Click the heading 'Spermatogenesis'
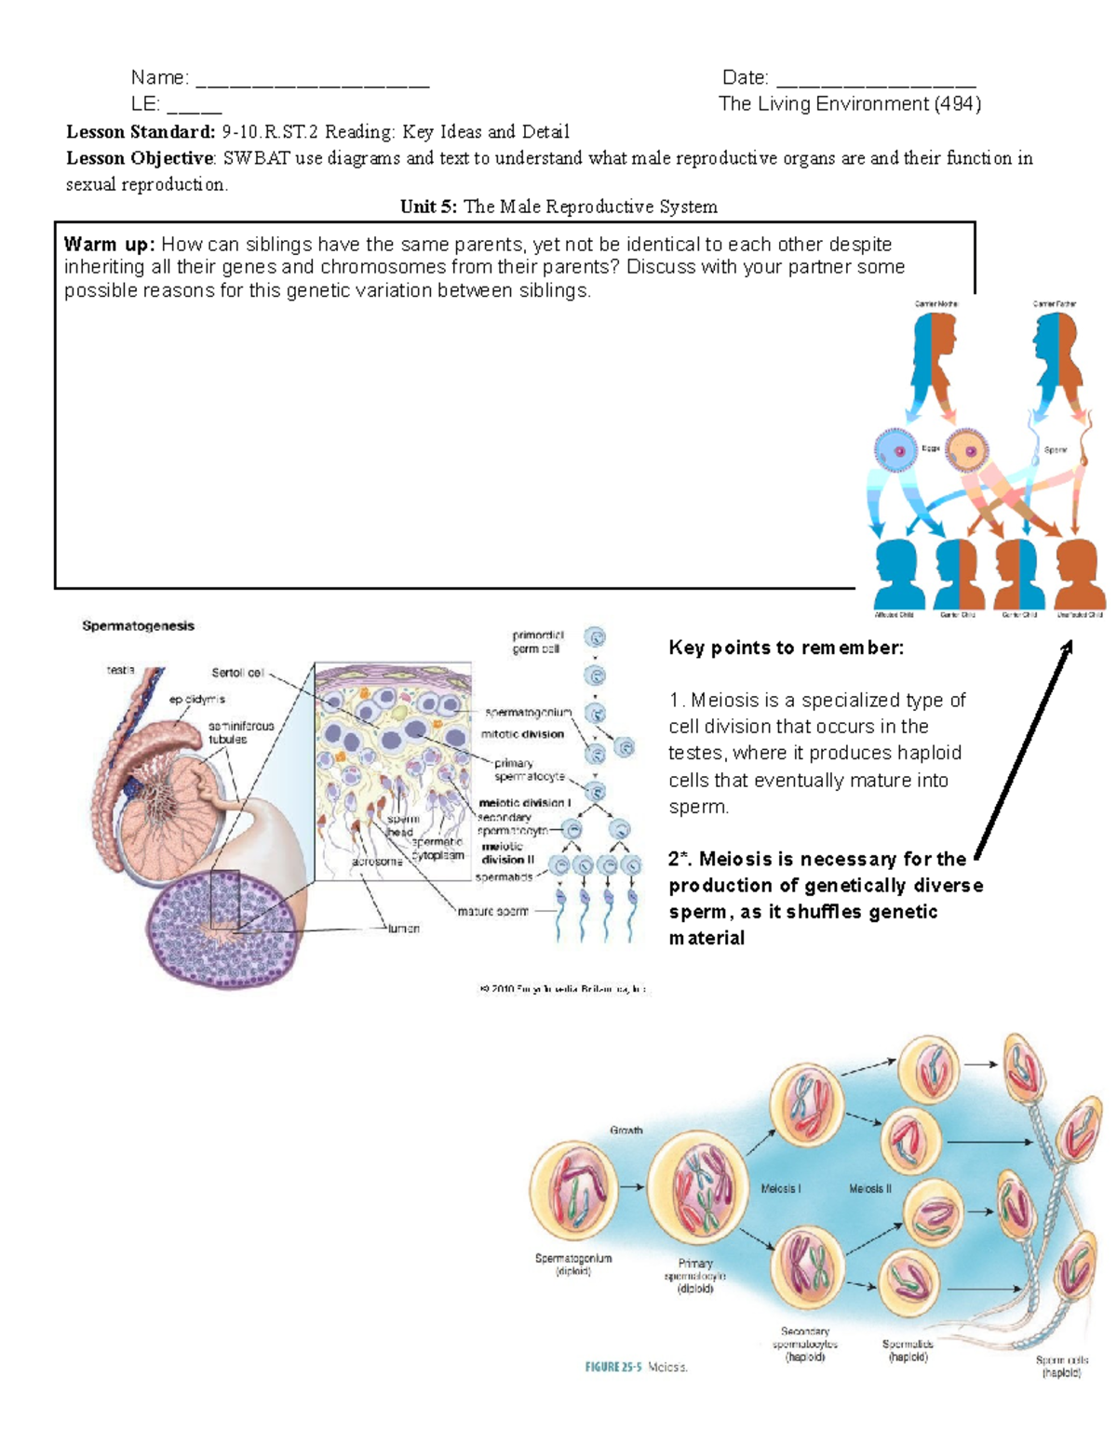[138, 626]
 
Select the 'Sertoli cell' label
[237, 673]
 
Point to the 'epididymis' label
[196, 700]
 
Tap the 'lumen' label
[403, 929]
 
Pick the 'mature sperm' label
[492, 912]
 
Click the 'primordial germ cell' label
[537, 642]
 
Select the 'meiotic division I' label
[524, 802]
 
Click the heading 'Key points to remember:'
[786, 649]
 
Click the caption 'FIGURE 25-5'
[613, 1367]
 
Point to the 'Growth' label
[626, 1131]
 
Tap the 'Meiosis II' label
[869, 1189]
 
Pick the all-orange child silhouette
[1079, 574]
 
